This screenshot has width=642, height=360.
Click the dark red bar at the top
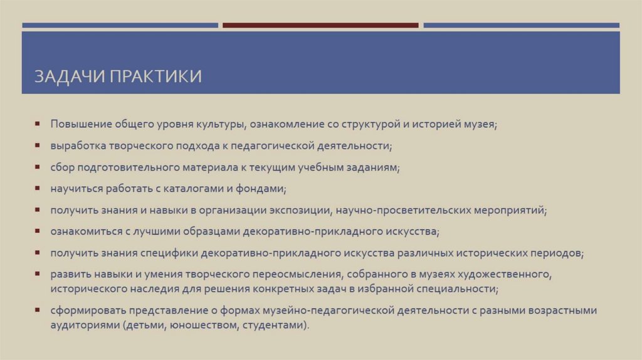320,26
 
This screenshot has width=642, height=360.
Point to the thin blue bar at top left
120,26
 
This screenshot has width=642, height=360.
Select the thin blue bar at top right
521,26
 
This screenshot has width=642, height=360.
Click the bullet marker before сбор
38,167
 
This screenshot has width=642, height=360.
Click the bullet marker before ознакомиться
38,231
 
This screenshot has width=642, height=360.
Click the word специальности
462,289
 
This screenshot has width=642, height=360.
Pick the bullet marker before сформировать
38,310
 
